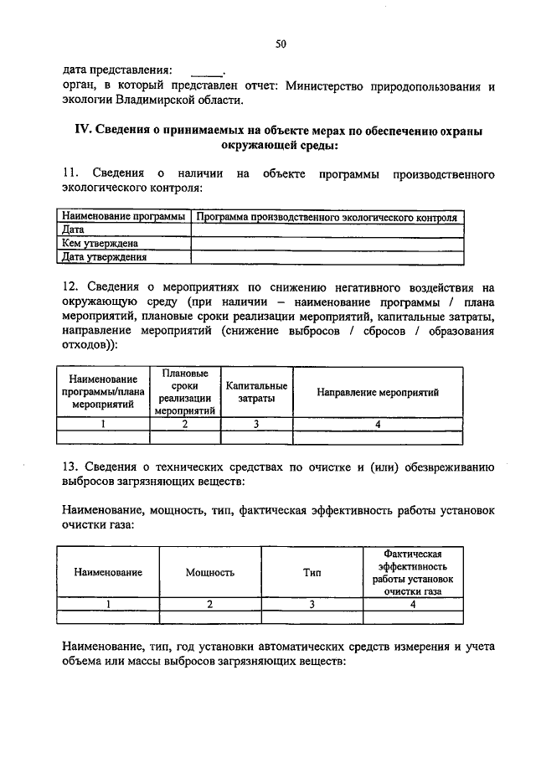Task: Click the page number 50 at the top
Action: coord(281,44)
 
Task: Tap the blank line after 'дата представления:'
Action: coord(206,70)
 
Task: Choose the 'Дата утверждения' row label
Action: coord(105,256)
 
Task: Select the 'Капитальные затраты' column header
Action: coord(256,392)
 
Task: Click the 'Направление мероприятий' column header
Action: coord(378,392)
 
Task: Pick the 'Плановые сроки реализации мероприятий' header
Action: coord(185,392)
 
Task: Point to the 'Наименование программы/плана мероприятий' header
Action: coord(103,392)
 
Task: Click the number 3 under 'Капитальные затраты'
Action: coord(256,424)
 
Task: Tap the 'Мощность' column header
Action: coord(209,573)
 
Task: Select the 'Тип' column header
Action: coord(312,573)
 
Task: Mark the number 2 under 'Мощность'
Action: coord(209,604)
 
